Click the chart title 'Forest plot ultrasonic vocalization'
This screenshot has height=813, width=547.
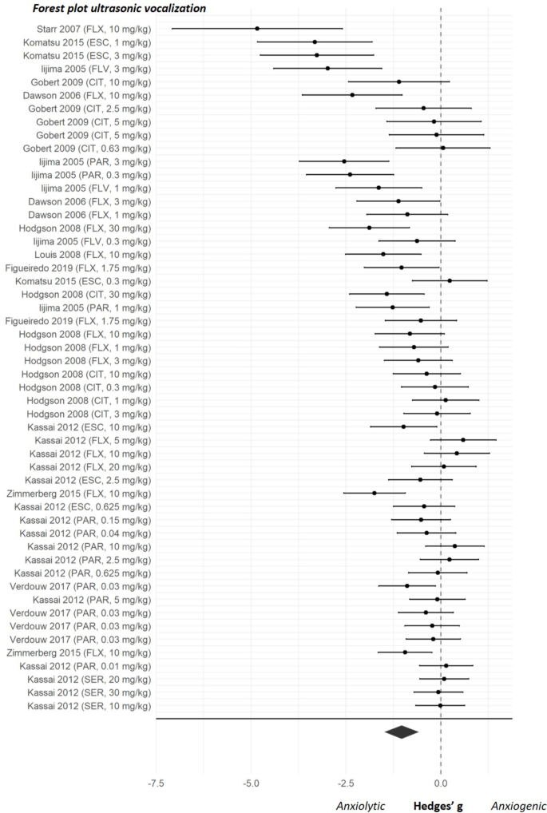pyautogui.click(x=108, y=9)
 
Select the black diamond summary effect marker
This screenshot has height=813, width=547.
pyautogui.click(x=401, y=732)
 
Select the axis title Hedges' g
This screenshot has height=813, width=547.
pyautogui.click(x=438, y=805)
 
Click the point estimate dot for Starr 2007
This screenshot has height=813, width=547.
pyautogui.click(x=257, y=28)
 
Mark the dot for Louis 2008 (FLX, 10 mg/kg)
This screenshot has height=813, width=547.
pyautogui.click(x=383, y=254)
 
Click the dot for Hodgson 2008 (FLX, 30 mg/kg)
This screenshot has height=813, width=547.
pyautogui.click(x=369, y=228)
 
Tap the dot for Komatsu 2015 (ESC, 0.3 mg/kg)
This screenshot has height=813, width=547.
pyautogui.click(x=450, y=280)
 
